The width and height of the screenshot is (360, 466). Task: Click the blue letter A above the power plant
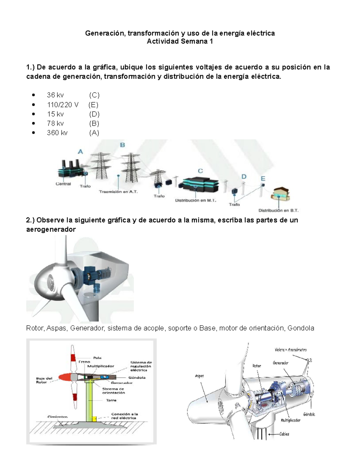pos(80,152)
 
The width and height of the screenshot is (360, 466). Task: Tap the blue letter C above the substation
pos(200,171)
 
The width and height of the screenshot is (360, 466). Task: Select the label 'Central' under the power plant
pos(63,184)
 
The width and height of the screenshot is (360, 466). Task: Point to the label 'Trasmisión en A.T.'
pos(118,191)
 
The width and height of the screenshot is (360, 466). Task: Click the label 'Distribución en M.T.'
pos(196,200)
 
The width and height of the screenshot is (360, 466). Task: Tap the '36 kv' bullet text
pos(55,95)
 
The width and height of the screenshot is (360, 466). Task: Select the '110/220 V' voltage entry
pos(63,105)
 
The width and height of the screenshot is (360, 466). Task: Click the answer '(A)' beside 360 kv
pos(94,133)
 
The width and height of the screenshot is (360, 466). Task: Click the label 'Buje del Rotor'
pos(44,380)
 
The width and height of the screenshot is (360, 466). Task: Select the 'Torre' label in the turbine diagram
pos(111,400)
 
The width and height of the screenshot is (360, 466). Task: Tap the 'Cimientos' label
pos(58,417)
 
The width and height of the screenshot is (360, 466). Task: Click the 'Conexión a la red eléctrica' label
pos(124,416)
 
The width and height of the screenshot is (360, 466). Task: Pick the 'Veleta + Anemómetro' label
pos(290,350)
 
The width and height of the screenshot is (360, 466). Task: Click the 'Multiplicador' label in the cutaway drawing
pos(290,420)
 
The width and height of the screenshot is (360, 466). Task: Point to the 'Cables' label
pos(284,434)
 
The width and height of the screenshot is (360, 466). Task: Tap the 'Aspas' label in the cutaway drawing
pos(199,376)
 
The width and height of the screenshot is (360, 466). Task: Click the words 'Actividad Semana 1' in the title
pos(180,41)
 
